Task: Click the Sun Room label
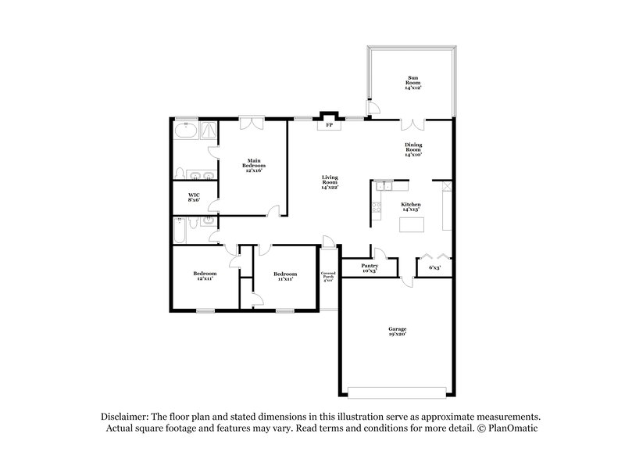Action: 412,82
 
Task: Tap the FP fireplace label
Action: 329,125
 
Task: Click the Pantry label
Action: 370,268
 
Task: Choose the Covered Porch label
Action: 328,276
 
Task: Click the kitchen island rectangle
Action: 411,225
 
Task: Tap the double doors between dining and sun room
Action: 412,123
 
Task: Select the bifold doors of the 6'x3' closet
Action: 434,256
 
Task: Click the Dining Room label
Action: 412,149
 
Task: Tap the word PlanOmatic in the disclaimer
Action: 509,429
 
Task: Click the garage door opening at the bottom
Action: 397,389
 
